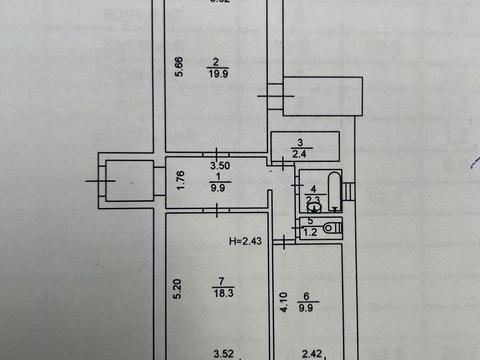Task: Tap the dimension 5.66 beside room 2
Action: coord(179,68)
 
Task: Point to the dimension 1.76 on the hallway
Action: coord(180,181)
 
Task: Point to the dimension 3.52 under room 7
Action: coord(222,352)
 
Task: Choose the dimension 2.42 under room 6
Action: coord(313,352)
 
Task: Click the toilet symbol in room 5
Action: coord(333,228)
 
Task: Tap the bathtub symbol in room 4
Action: coord(337,189)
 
